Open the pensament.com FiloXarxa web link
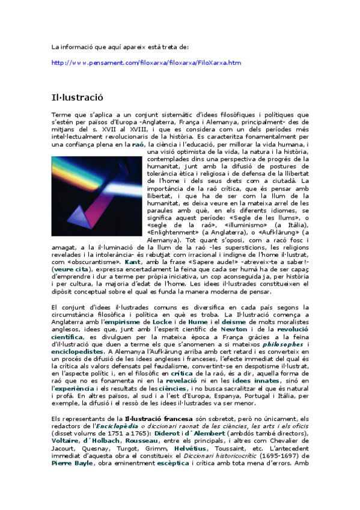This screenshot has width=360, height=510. [146, 62]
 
